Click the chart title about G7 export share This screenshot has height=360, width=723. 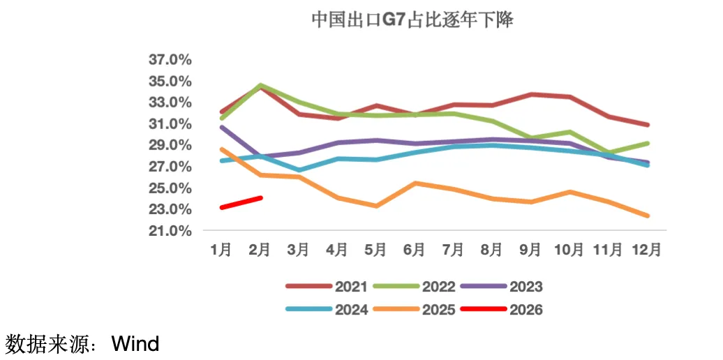(x=412, y=20)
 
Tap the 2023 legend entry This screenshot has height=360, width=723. (x=526, y=287)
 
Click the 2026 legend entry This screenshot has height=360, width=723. (x=526, y=310)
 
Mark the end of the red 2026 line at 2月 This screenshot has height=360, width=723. (x=260, y=197)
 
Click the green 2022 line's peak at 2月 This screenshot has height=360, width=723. (x=260, y=86)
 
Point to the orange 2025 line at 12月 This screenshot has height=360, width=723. (x=647, y=216)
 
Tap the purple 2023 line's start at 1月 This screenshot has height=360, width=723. (x=222, y=127)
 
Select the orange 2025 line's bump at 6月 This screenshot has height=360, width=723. (x=415, y=183)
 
